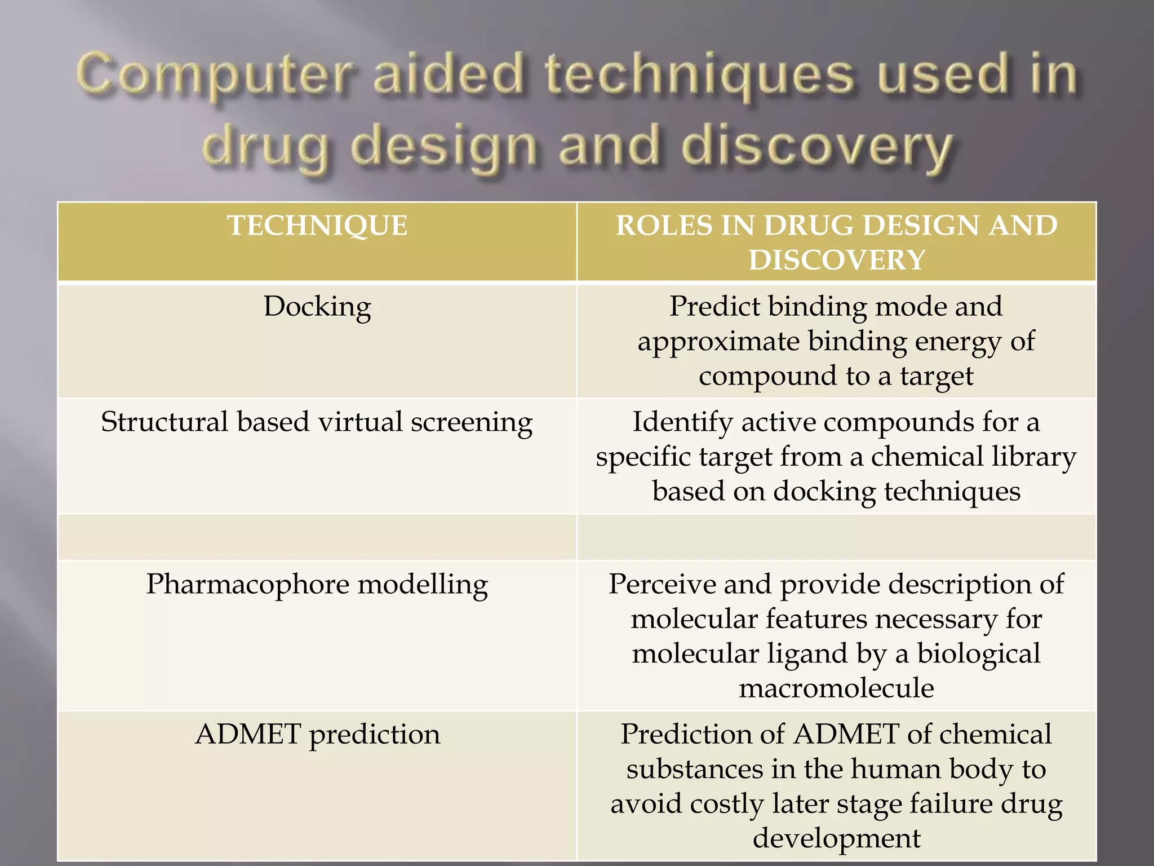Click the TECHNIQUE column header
[x=317, y=226]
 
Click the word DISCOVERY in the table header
[x=837, y=260]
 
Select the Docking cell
[x=317, y=307]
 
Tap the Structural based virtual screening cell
[x=317, y=422]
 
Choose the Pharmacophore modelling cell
[x=317, y=584]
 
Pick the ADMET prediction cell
[x=317, y=735]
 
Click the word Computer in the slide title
[x=214, y=76]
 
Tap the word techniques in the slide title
[x=699, y=76]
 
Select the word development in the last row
[x=836, y=838]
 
